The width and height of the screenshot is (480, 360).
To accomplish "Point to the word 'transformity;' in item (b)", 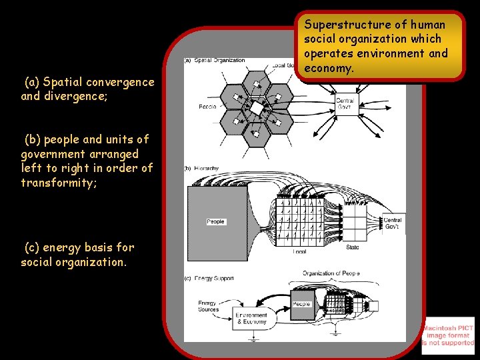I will point(59,183).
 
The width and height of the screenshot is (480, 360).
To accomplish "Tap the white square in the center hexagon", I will point(256,107).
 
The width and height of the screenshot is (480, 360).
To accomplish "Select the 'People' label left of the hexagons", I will point(207,107).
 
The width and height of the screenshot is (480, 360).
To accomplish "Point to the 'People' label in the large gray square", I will point(215,221).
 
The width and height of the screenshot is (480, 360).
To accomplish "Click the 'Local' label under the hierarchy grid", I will point(299,251).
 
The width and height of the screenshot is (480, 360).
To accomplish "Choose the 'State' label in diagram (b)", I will point(353,247).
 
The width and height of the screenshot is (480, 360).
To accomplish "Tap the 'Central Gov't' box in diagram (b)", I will point(393,223).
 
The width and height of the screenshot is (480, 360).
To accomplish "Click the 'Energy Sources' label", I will point(208,306).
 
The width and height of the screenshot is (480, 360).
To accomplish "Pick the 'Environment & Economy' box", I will point(251,319).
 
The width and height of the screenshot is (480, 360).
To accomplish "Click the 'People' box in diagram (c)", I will point(301,304).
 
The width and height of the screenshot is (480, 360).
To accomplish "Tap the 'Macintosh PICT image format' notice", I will point(448,335).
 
